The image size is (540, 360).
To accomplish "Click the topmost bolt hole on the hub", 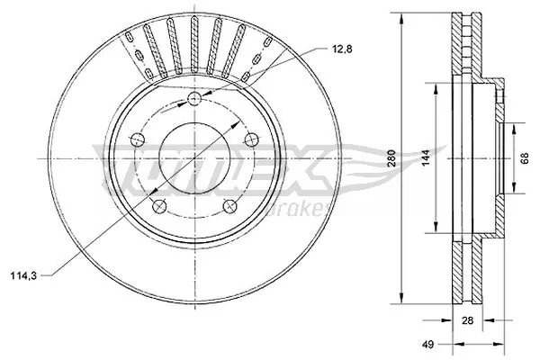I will (194, 99).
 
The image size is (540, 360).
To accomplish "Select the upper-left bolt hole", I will (137, 139).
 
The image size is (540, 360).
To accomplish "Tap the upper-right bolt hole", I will (252, 139).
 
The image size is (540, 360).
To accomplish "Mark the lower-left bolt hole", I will (159, 206).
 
